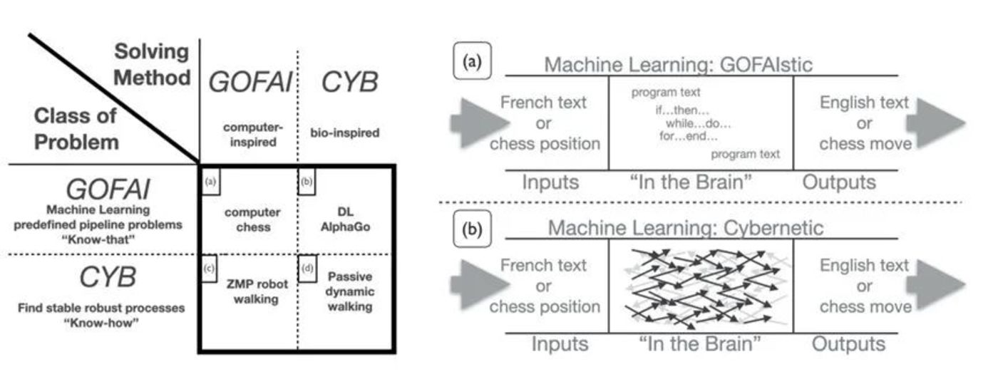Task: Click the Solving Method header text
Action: tap(153, 64)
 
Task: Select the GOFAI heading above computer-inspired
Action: tap(249, 83)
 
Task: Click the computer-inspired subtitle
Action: tap(248, 133)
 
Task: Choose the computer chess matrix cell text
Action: tap(248, 220)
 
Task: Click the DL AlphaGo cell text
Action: tap(344, 220)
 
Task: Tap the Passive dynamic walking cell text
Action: tap(350, 291)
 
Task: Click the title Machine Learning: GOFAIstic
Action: tap(678, 65)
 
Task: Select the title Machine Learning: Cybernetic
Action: tap(685, 228)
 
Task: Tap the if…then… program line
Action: tap(681, 110)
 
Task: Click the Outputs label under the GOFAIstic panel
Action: tap(839, 182)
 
